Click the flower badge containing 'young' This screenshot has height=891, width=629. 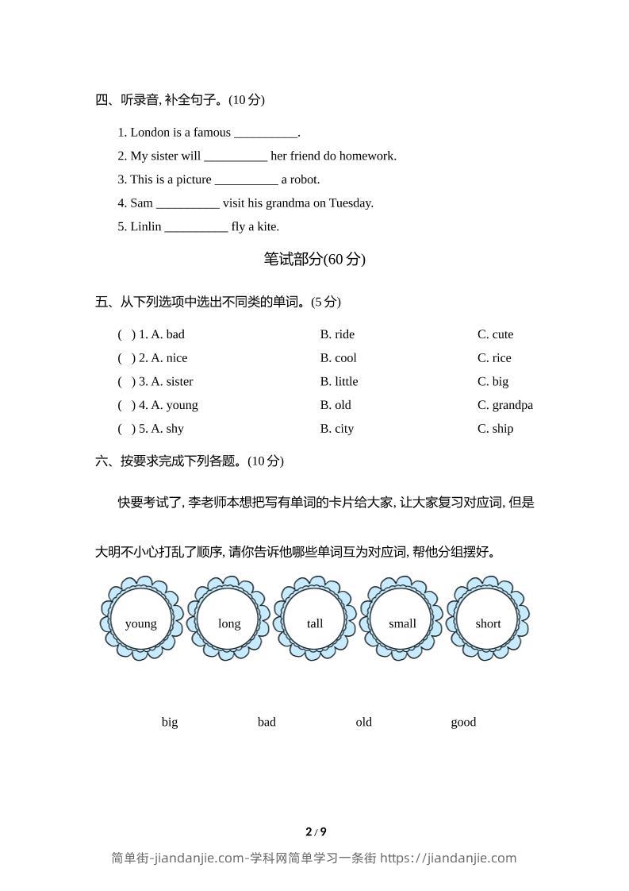(x=141, y=618)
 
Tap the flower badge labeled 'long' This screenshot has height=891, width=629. (x=228, y=618)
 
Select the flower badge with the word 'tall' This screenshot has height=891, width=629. (x=315, y=618)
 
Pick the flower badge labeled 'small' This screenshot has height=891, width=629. (x=402, y=618)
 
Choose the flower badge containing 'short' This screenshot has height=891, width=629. (x=488, y=618)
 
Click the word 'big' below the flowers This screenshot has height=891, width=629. (x=170, y=722)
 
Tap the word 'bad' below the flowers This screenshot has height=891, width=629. (x=267, y=722)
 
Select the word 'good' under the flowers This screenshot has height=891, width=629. (x=463, y=722)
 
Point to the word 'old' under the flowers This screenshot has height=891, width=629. (x=363, y=722)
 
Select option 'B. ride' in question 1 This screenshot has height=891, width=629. (x=337, y=334)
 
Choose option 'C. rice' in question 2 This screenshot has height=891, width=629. (x=494, y=358)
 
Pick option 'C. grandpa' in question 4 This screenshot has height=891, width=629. (x=504, y=405)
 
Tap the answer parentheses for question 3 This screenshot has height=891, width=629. (x=126, y=382)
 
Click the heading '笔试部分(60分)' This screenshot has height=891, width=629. (x=314, y=259)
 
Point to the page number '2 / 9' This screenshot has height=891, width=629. (x=316, y=832)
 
